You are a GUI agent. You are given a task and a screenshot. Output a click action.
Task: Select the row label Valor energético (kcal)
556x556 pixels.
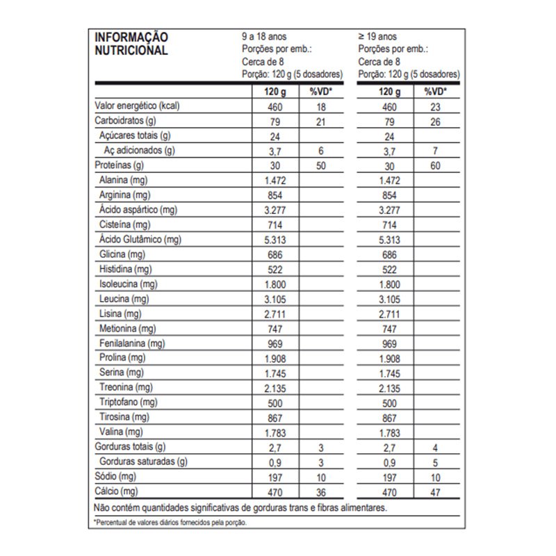[x=138, y=106]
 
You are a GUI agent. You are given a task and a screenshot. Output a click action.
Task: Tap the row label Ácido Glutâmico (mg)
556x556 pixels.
[x=140, y=240]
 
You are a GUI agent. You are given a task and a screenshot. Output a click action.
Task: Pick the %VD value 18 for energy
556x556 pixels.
[x=320, y=107]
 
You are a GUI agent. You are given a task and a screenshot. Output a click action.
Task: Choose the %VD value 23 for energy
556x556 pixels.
[x=436, y=107]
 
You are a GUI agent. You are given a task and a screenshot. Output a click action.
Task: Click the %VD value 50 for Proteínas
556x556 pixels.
[x=320, y=166]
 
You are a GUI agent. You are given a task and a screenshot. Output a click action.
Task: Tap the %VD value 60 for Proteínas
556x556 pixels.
[x=436, y=166]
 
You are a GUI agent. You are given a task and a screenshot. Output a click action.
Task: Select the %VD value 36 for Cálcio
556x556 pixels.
[x=320, y=491]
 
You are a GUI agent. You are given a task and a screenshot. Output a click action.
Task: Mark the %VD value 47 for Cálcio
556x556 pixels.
[x=436, y=491]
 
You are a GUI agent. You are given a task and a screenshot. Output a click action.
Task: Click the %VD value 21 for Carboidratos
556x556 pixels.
[x=320, y=122]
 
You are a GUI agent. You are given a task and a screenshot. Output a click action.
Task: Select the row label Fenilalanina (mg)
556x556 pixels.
[x=131, y=343]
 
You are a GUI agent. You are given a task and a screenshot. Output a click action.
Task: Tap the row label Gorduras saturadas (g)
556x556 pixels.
[x=144, y=461]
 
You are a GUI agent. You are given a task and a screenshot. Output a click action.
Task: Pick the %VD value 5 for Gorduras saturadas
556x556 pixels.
[x=436, y=461]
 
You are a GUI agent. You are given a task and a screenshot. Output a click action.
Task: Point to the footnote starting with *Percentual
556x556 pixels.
[x=170, y=522]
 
